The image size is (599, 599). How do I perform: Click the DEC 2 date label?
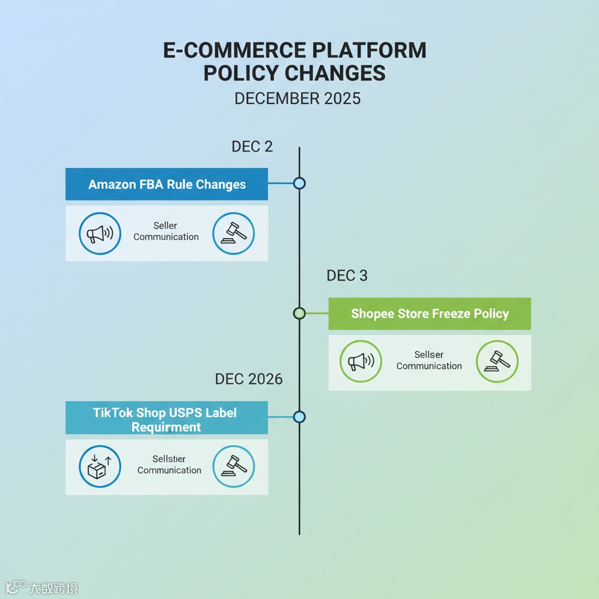tap(252, 146)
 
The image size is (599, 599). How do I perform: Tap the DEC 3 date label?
tap(347, 276)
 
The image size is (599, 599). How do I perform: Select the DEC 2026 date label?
tap(249, 379)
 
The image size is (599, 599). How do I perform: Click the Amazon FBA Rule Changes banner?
tap(167, 184)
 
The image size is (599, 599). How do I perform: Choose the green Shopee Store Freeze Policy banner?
tap(430, 314)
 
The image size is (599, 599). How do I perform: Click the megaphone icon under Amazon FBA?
tap(99, 233)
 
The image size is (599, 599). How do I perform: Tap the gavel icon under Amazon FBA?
tap(233, 233)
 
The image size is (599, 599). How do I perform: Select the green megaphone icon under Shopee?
tap(360, 362)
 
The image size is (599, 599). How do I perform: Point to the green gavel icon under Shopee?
tap(497, 362)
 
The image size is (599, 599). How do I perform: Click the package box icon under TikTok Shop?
tap(99, 466)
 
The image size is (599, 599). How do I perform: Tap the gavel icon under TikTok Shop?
tap(233, 466)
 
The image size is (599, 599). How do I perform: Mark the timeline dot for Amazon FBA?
tap(299, 184)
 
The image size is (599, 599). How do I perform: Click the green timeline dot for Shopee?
tap(299, 313)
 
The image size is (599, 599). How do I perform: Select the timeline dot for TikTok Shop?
tap(299, 417)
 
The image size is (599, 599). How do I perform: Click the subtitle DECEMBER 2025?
tap(297, 98)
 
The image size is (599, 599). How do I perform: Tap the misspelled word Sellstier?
tap(169, 460)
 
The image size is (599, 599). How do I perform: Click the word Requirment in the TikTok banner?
tap(166, 427)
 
